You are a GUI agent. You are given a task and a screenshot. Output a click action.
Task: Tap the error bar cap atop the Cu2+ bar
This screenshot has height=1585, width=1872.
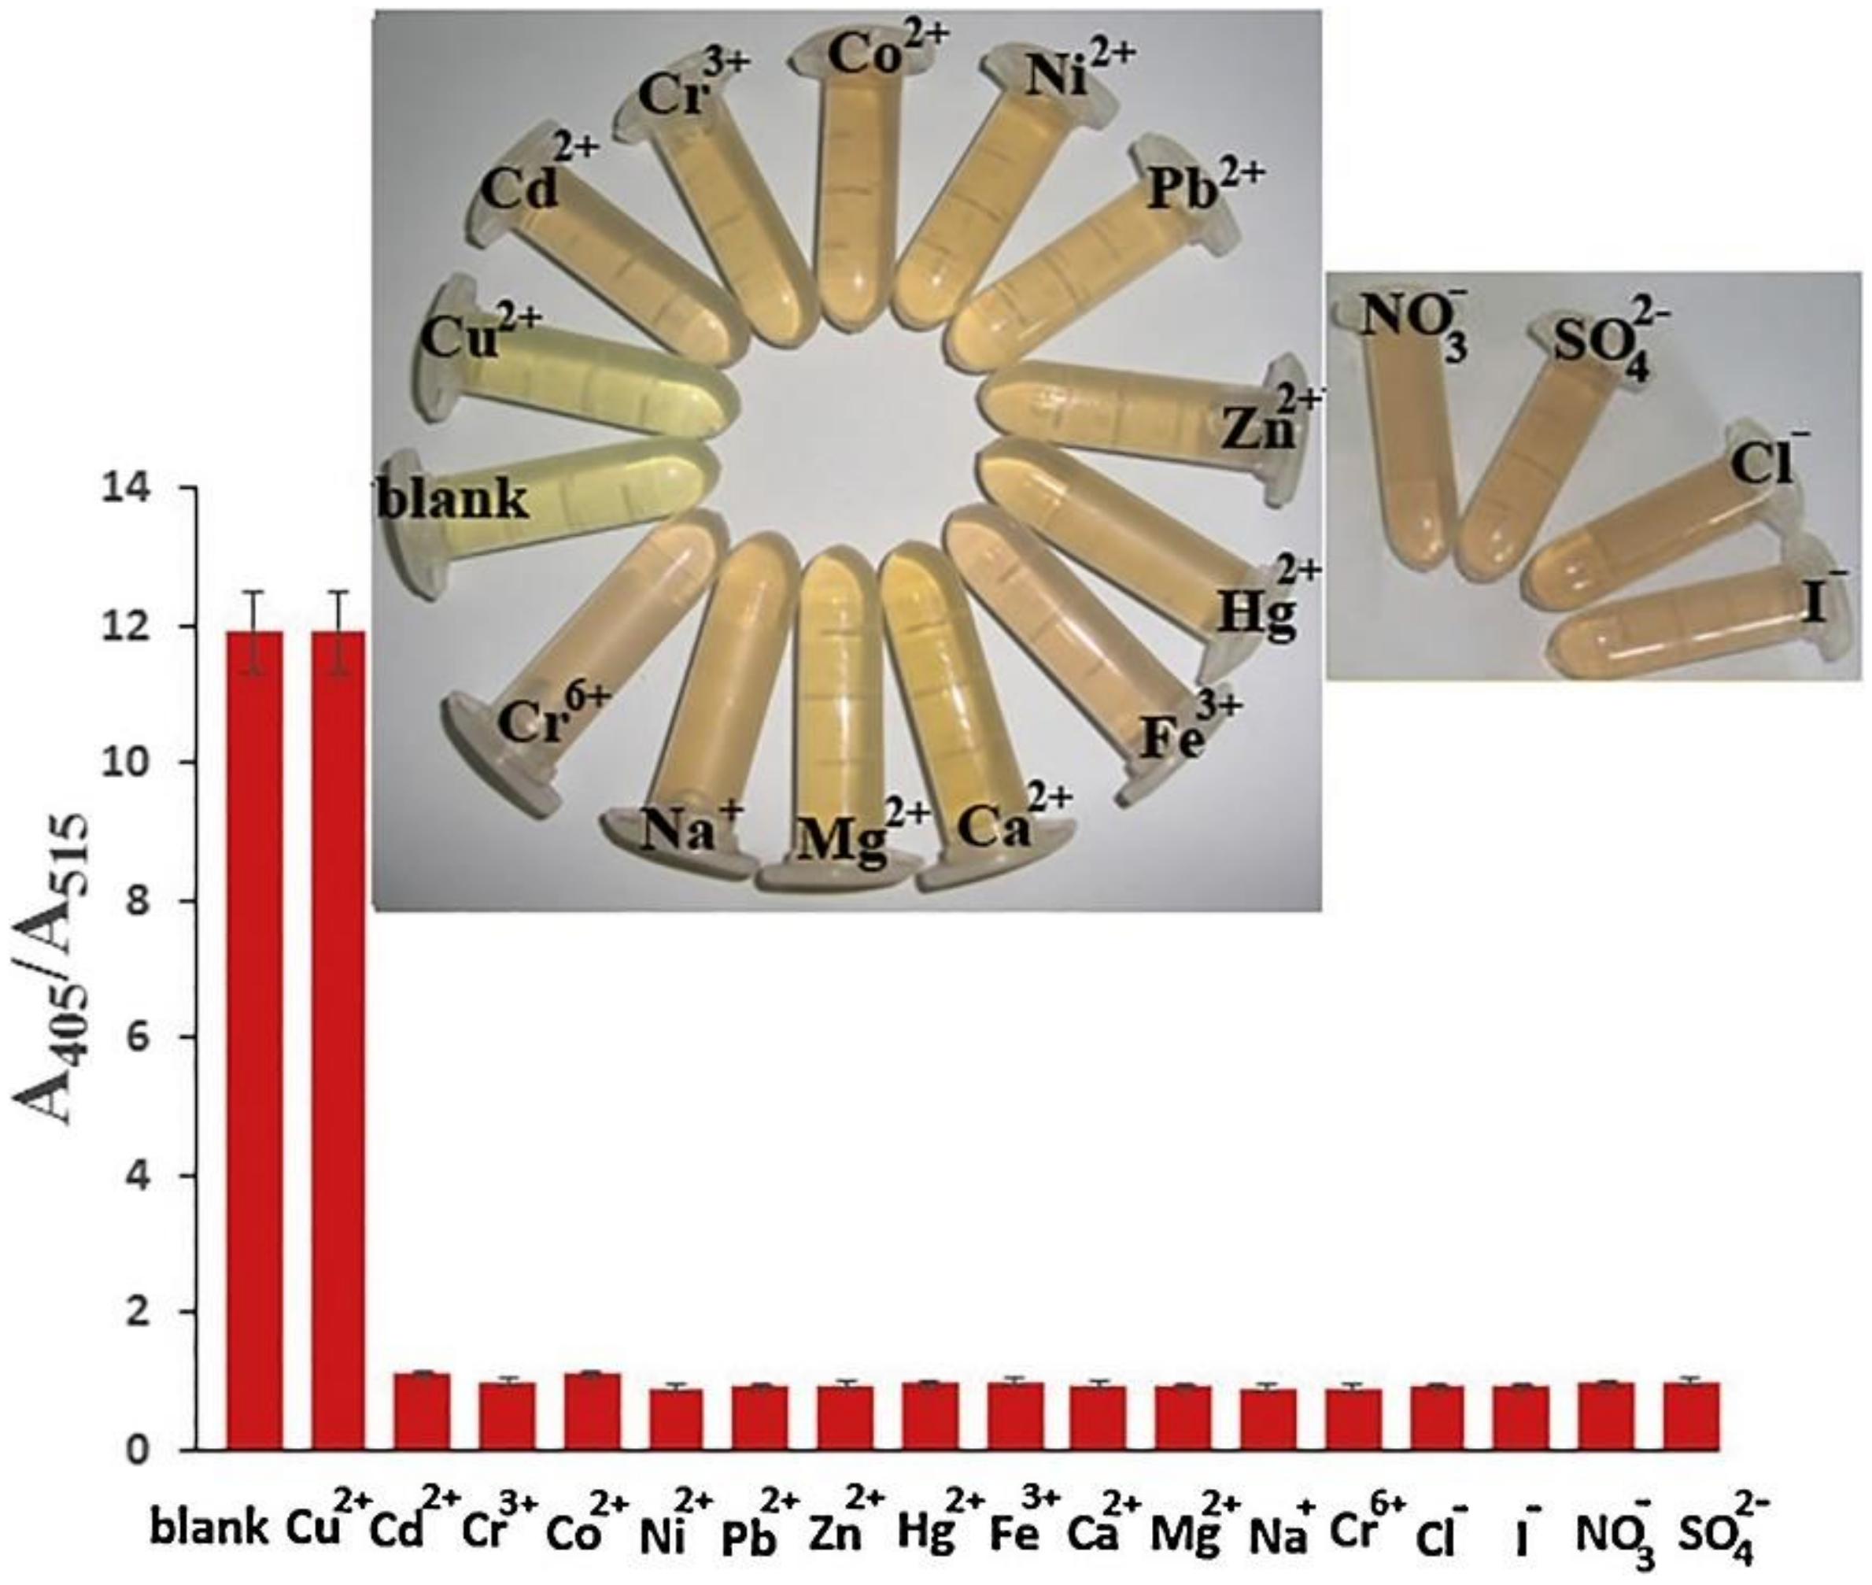click(338, 591)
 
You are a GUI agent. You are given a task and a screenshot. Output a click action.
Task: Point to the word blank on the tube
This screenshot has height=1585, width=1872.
click(453, 499)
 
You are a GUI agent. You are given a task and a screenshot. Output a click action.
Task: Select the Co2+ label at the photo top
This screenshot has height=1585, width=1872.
click(887, 54)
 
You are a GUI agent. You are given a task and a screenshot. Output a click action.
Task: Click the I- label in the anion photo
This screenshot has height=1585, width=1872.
click(1823, 600)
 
